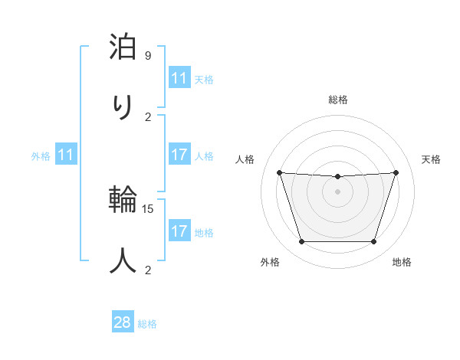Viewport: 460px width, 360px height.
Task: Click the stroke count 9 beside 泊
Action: (x=148, y=56)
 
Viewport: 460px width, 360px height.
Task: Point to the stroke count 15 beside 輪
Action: (x=148, y=208)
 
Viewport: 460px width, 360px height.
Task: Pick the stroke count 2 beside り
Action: (x=148, y=116)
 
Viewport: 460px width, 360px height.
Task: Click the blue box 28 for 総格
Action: (x=123, y=322)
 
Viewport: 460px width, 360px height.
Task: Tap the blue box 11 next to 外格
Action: (x=65, y=155)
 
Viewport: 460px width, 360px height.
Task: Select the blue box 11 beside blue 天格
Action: (x=179, y=78)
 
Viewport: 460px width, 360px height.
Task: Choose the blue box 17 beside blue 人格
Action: (x=179, y=155)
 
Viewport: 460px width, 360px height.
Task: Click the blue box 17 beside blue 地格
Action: (x=179, y=231)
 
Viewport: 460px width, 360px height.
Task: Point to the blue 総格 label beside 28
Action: (x=147, y=324)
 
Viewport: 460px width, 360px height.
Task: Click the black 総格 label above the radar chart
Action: (x=337, y=100)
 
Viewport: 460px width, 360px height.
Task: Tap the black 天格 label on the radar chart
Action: (x=431, y=159)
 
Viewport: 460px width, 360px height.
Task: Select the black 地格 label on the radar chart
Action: (x=402, y=263)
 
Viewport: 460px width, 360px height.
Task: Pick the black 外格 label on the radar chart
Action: (x=270, y=263)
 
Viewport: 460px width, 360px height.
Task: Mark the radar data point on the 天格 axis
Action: (x=396, y=172)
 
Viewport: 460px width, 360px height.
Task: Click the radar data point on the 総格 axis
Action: (x=337, y=177)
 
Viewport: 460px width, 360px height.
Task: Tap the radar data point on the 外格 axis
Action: (x=301, y=242)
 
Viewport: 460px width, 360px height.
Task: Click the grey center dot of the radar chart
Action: (x=337, y=191)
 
